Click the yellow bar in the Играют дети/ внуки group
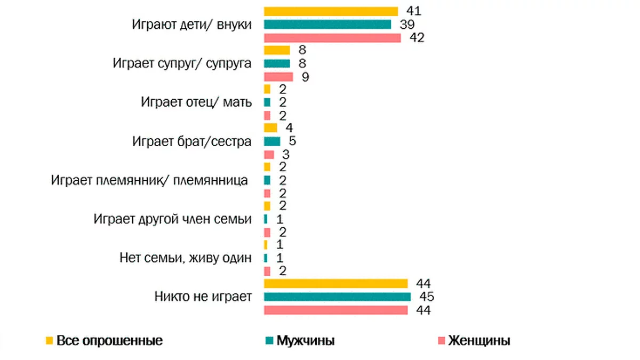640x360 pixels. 331,11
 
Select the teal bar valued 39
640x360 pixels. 327,25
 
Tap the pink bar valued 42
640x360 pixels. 332,37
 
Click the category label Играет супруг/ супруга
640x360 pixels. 182,63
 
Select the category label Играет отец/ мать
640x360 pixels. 196,102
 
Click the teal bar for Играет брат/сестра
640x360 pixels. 272,141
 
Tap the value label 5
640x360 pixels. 292,141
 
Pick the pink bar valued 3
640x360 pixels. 269,155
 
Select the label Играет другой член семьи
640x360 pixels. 172,219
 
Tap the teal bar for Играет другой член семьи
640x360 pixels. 266,219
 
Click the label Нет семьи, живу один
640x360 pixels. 185,258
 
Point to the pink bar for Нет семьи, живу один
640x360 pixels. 267,271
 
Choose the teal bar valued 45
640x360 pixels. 338,297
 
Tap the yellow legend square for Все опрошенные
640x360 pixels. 49,340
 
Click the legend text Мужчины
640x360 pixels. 306,340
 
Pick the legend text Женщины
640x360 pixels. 479,340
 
